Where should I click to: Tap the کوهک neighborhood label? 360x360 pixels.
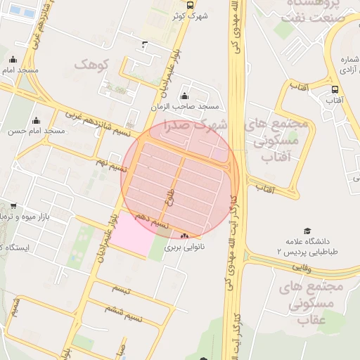click(x=92, y=65)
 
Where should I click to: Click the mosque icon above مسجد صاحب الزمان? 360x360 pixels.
click(x=184, y=96)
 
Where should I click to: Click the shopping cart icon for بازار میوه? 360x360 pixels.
click(x=15, y=206)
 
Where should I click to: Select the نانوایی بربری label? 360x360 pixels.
click(x=183, y=247)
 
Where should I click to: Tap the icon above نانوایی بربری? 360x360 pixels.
click(x=185, y=236)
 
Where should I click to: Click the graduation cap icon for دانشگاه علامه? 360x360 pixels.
click(x=307, y=231)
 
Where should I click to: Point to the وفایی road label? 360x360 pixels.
click(x=300, y=267)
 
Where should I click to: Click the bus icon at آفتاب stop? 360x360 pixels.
click(x=334, y=90)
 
